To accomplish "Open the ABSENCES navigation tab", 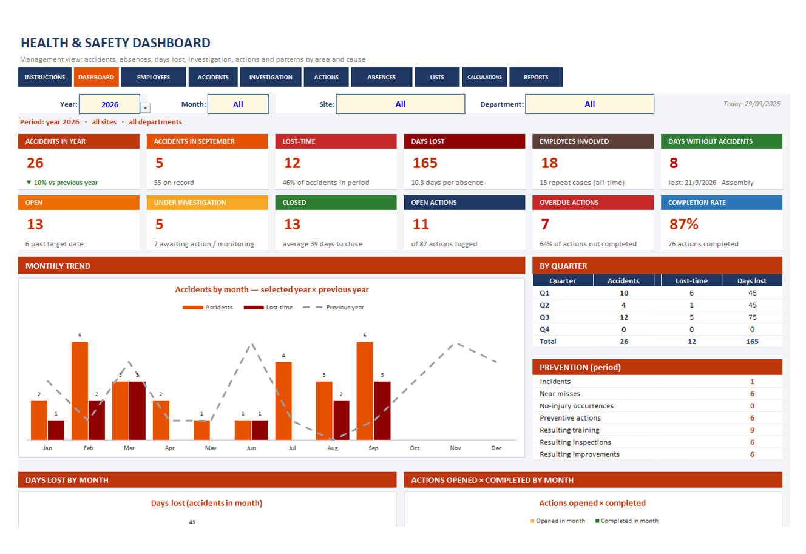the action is point(381,77).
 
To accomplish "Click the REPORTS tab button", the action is point(536,77).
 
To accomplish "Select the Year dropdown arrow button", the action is point(145,107).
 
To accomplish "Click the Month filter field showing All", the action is point(238,104).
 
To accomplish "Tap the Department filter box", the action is point(589,104).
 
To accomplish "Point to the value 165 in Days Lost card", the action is point(425,163).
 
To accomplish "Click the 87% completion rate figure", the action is point(683,224).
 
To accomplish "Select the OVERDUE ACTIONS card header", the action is point(593,203).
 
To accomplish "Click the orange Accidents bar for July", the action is point(283,400).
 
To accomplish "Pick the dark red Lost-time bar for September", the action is point(382,410).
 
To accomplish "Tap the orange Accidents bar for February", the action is point(80,391).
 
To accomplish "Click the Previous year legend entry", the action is point(333,307).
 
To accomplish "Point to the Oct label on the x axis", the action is point(415,448).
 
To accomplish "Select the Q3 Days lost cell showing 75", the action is point(752,317).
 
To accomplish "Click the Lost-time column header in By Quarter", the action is point(691,280).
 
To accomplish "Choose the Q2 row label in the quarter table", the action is point(544,305).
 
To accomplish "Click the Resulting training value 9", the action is point(752,430).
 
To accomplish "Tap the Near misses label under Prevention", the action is point(560,394).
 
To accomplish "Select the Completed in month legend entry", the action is point(627,521).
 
